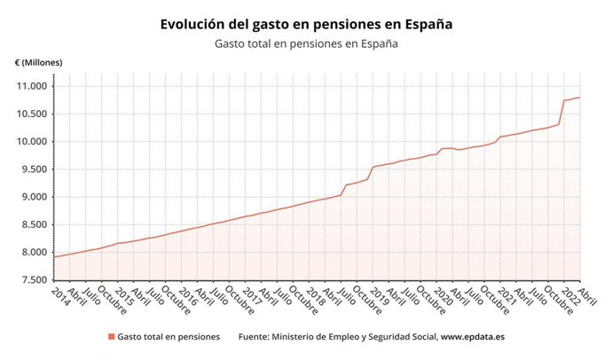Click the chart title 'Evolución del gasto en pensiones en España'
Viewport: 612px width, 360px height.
click(x=306, y=25)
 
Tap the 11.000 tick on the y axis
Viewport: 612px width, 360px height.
click(x=32, y=86)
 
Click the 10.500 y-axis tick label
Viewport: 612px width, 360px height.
click(x=32, y=113)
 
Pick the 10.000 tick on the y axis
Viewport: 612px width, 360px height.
click(x=32, y=142)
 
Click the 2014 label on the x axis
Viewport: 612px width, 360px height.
click(x=61, y=295)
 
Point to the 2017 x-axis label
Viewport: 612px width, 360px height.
click(x=251, y=295)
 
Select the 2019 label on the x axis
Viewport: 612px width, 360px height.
click(x=378, y=295)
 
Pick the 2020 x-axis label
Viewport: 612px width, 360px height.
click(x=441, y=295)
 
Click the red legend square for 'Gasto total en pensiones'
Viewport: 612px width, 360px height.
click(x=111, y=337)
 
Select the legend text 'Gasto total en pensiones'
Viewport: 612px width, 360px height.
click(x=169, y=337)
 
